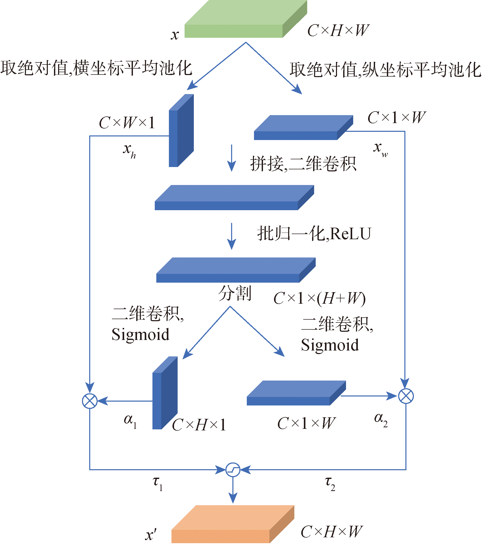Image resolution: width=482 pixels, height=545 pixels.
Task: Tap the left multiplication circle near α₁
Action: click(90, 401)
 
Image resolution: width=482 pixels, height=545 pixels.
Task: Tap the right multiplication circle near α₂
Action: click(406, 396)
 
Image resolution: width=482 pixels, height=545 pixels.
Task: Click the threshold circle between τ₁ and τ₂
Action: click(233, 469)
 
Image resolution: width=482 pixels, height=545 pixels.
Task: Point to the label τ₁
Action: click(157, 483)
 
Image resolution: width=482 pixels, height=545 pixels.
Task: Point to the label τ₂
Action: click(330, 483)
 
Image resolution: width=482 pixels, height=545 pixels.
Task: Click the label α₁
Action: click(130, 421)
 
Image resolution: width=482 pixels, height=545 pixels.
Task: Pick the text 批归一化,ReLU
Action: click(314, 234)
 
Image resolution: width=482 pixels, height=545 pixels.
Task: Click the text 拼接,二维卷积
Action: click(303, 164)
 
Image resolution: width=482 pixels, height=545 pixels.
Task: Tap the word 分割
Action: click(235, 293)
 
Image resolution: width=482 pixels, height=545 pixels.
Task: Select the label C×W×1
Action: click(127, 123)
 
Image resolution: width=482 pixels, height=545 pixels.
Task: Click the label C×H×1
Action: click(199, 424)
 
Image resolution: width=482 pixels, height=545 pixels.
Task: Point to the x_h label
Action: click(129, 151)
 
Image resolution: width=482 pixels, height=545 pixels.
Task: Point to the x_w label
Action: click(380, 149)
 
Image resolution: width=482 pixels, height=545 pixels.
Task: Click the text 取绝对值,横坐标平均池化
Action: click(96, 68)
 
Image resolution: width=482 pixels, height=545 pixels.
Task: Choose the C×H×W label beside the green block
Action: click(338, 30)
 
